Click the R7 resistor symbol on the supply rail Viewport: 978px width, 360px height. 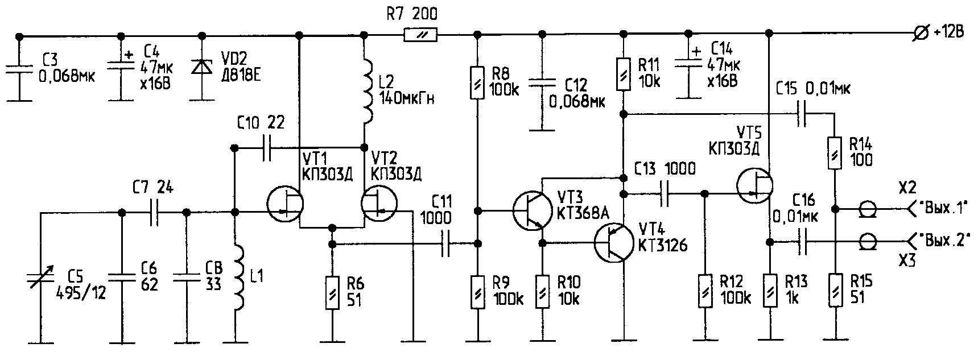420,35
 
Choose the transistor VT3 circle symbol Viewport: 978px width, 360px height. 531,210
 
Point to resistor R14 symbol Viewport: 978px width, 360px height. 834,152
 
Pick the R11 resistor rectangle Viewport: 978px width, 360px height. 624,73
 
